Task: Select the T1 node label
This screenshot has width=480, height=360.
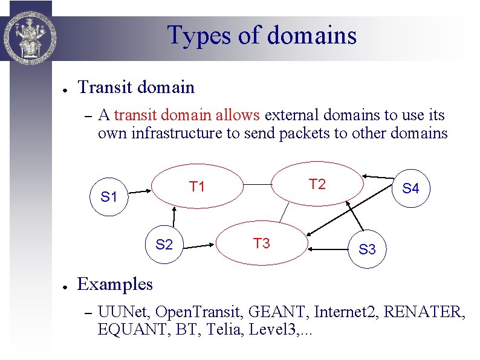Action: (x=197, y=187)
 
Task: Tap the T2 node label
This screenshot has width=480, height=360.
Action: (x=317, y=184)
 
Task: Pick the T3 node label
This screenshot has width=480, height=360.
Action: (x=261, y=243)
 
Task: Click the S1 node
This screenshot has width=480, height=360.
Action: (x=109, y=196)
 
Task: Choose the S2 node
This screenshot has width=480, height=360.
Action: (x=164, y=245)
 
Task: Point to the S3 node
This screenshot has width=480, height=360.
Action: (x=367, y=249)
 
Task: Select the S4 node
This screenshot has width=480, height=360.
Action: (x=410, y=188)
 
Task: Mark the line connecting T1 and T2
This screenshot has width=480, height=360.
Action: (x=257, y=184)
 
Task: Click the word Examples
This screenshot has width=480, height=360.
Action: (x=115, y=284)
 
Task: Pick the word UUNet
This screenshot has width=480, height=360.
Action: (x=124, y=312)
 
